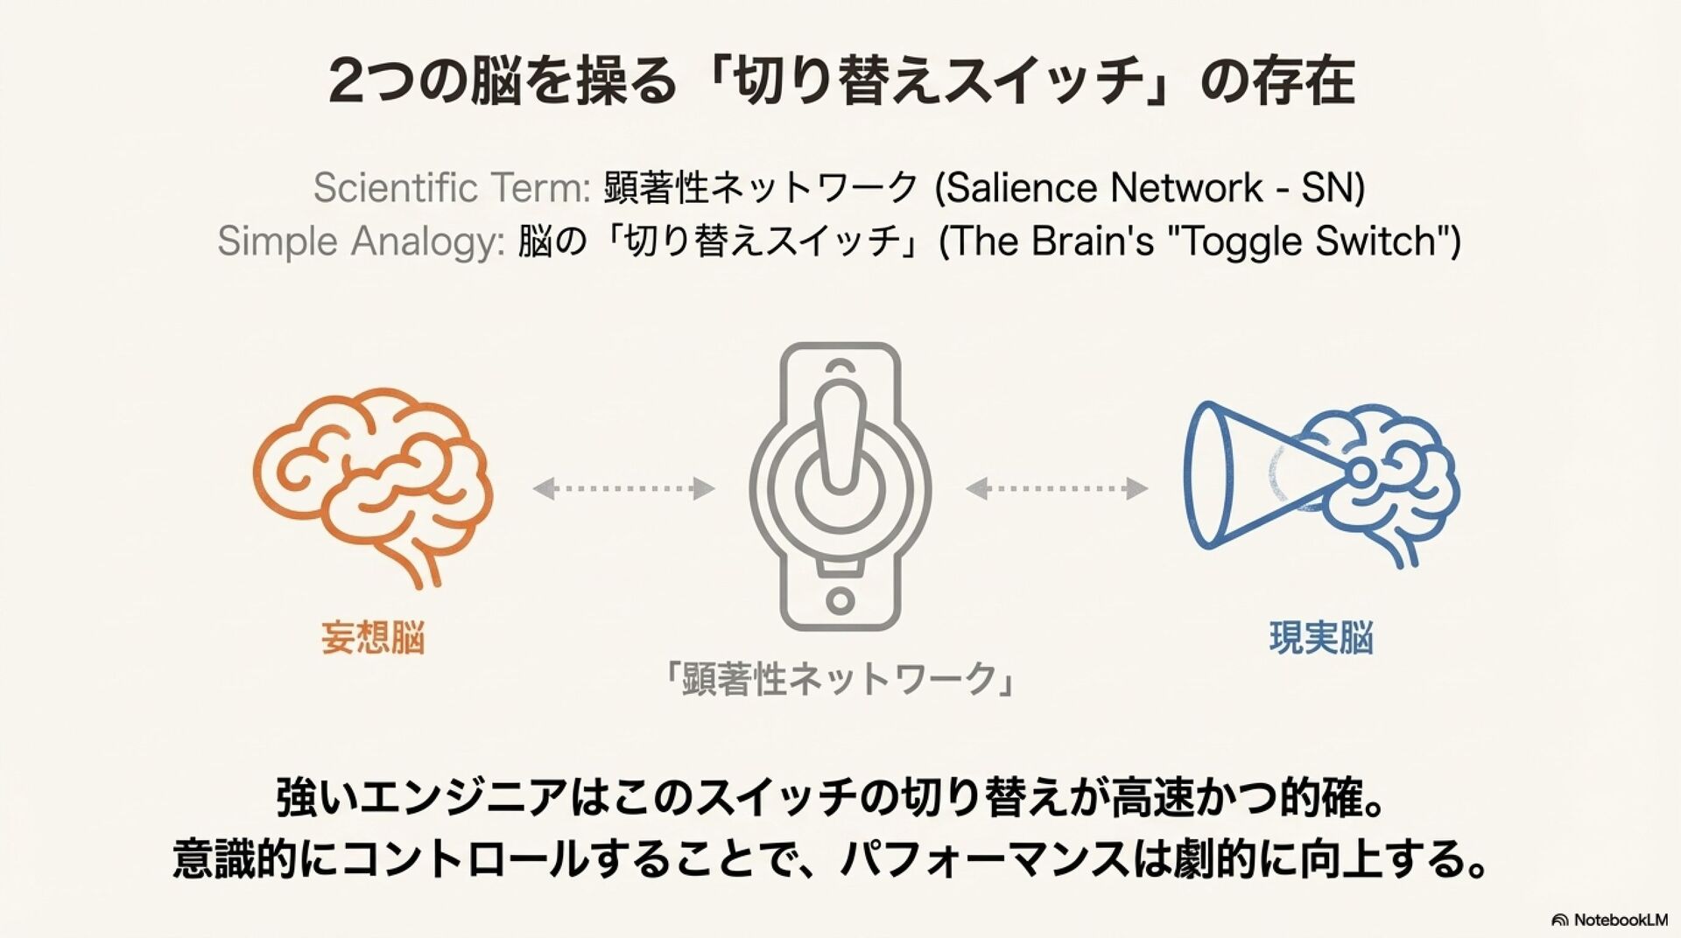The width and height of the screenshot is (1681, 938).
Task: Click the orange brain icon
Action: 372,486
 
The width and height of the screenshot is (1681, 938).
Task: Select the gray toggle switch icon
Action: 840,486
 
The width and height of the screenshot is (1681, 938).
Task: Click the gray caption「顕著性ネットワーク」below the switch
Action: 840,679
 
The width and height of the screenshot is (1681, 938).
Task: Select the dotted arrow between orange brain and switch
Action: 623,488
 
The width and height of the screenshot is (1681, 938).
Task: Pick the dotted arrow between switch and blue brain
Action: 1056,488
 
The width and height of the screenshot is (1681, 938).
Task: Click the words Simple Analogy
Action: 360,241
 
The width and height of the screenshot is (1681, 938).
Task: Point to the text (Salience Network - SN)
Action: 1150,188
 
